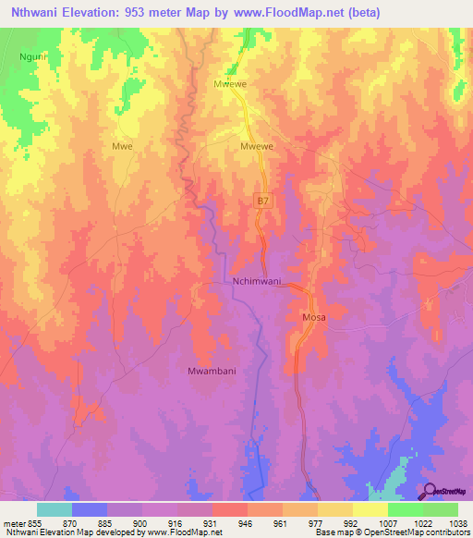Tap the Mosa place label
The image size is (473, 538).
tap(314, 317)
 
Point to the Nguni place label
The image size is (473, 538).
tap(33, 56)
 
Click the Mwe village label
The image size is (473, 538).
tap(122, 146)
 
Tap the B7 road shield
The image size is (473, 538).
tap(263, 201)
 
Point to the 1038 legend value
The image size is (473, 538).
tap(457, 522)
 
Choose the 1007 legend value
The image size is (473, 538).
tap(387, 522)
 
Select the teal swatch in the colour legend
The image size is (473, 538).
tap(55, 509)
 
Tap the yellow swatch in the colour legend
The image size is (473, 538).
tap(370, 509)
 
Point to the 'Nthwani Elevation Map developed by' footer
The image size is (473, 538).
tap(65, 532)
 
